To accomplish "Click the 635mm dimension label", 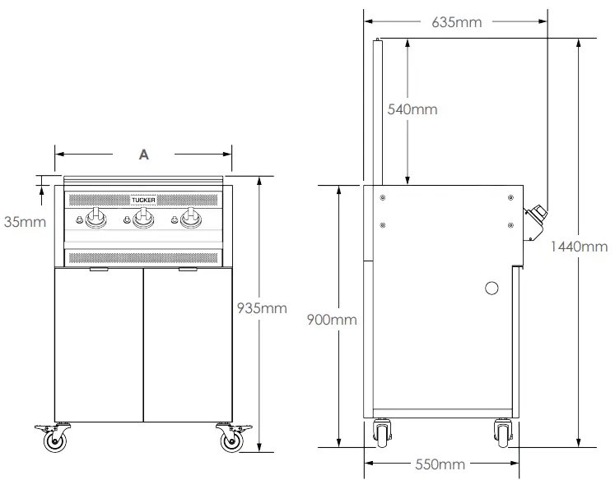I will click(x=456, y=22).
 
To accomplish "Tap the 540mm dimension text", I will click(x=412, y=109).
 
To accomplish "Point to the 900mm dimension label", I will click(x=331, y=319).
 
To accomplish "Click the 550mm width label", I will click(x=438, y=465).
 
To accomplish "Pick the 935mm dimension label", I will click(x=262, y=308).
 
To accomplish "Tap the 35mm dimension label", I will click(x=23, y=221).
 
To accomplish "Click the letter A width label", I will click(x=143, y=155).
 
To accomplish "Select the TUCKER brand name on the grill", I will click(x=143, y=199).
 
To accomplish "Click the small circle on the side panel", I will click(x=492, y=288).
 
